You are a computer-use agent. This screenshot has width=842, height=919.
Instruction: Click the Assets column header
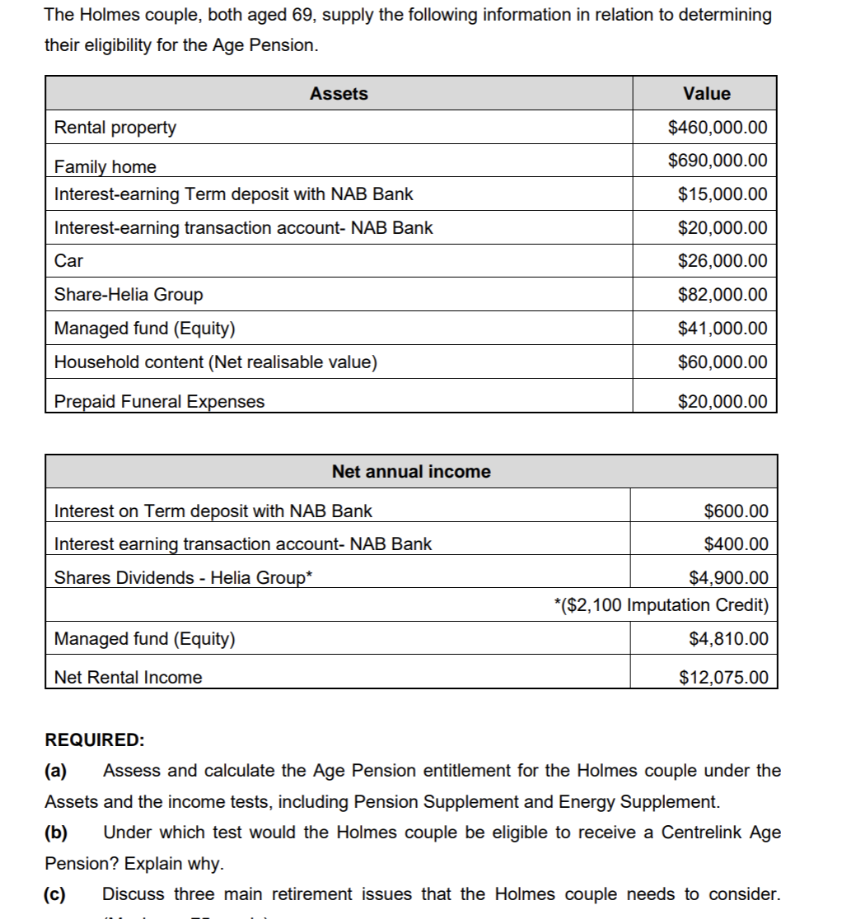click(x=339, y=94)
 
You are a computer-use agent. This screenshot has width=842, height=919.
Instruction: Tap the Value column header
click(x=706, y=94)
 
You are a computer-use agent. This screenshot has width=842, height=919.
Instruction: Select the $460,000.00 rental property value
click(x=718, y=128)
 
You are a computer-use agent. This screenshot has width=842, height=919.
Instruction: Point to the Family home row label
click(x=105, y=166)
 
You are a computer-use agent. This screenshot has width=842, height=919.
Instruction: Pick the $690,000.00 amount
click(x=718, y=160)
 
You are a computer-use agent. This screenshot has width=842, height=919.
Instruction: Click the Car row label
click(x=68, y=261)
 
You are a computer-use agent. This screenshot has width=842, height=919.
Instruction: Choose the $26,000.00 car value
click(x=722, y=261)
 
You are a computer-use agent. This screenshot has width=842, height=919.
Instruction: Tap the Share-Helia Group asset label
click(x=128, y=295)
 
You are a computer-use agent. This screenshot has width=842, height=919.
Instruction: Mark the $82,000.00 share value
click(x=722, y=295)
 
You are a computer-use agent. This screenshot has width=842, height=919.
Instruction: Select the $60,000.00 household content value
click(x=722, y=362)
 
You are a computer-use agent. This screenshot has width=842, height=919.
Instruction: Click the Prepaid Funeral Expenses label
click(x=159, y=402)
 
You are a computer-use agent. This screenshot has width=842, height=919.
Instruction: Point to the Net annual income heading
click(x=410, y=472)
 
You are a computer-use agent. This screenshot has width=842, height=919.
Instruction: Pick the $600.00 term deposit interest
click(x=736, y=511)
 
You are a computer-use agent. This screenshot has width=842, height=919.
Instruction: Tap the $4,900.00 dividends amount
click(x=727, y=577)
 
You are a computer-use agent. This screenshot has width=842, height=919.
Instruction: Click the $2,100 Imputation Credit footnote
click(x=662, y=605)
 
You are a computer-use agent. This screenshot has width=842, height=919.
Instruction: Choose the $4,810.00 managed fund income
click(x=727, y=638)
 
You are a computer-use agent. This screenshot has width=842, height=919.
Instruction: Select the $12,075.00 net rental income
click(x=723, y=678)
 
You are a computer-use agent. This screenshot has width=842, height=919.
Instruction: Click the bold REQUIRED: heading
click(x=94, y=739)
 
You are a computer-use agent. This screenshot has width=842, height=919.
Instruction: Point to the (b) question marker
click(x=56, y=833)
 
